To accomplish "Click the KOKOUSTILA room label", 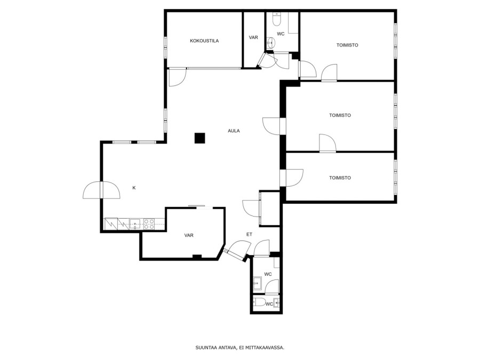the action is pos(204,41).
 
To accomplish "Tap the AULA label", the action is pos(234,131).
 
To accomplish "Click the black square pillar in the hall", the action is pos(199,138).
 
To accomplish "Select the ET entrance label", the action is pos(249,235).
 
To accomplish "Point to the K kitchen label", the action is pos(134,188).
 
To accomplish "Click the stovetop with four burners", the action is pos(149,224).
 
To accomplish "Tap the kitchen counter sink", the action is pos(135,224).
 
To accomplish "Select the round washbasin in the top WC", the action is pos(270,42).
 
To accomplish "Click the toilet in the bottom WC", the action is pos(260,302).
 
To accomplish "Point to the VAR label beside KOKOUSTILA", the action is pos(253,37).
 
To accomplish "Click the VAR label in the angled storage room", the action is pos(189,235).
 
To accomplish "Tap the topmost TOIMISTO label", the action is pos(347,45).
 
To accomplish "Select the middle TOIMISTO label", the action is pos(340,115).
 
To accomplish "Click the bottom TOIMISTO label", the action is pos(340,178).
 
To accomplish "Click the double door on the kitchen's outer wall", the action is pos(101,190).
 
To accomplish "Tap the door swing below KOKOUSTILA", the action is pos(177,77).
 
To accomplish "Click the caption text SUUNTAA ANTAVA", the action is pos(216,348).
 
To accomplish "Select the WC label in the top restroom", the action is pos(281,34).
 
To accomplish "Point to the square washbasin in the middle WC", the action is pos(257,283).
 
